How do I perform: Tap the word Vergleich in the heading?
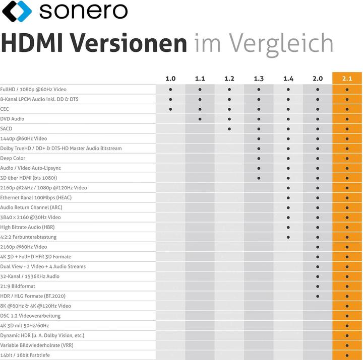pos(282,43)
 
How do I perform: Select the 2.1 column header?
pos(347,79)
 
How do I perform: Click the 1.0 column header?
pos(171,79)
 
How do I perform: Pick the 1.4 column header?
pos(288,79)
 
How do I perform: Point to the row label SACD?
pos(6,128)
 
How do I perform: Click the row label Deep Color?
pos(13,158)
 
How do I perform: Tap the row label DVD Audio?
pos(12,119)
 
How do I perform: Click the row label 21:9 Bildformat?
pos(18,286)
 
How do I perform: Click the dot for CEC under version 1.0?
pos(171,109)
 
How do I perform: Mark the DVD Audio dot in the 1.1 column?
pos(200,119)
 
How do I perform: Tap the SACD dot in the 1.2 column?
pos(229,128)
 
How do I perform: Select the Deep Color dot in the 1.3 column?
pos(259,158)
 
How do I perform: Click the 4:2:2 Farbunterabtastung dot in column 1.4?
pos(288,237)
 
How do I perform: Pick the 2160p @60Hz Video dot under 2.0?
pos(318,247)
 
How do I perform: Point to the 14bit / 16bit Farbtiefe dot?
pos(347,355)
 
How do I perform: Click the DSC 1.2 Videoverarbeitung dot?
pos(347,316)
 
